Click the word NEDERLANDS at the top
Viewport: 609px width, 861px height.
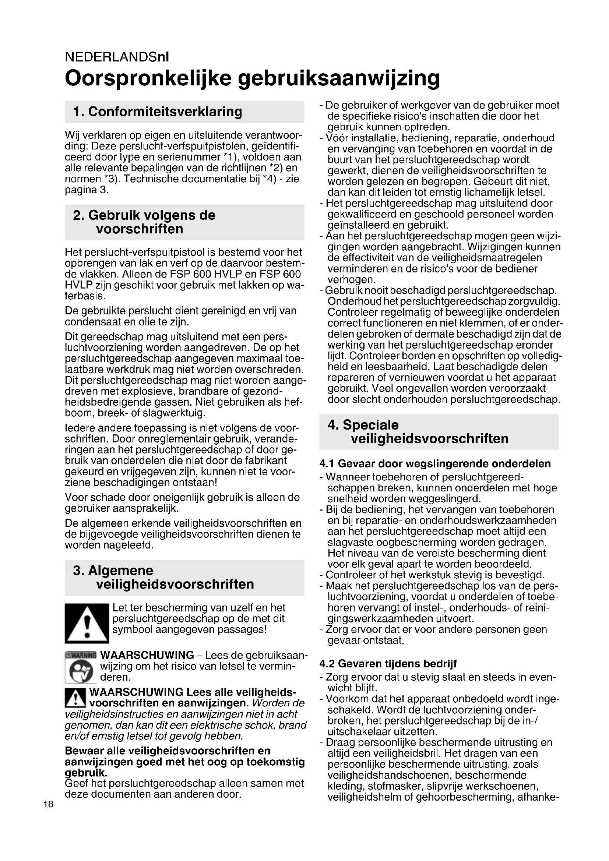[x=111, y=57]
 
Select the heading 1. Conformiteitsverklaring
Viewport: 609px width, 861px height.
[x=158, y=112]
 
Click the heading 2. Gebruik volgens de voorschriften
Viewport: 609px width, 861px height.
[x=144, y=222]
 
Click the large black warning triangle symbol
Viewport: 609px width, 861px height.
[x=87, y=623]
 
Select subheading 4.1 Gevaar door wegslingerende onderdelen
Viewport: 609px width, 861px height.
[x=435, y=464]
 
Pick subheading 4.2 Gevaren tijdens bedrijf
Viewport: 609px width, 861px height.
[x=388, y=664]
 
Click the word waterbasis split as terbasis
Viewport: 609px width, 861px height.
[x=85, y=296]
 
